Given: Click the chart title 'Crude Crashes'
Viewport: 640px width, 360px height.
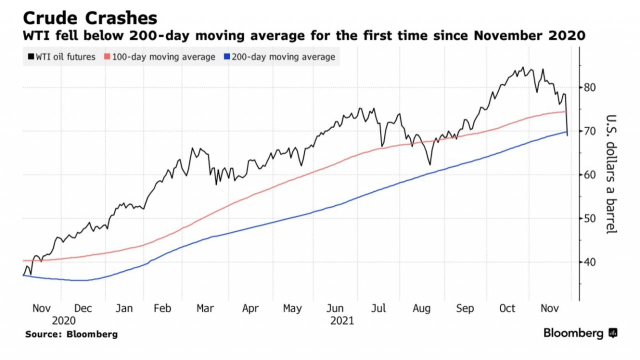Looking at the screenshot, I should tap(90, 18).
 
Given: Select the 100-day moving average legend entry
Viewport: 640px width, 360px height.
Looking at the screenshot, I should tap(160, 57).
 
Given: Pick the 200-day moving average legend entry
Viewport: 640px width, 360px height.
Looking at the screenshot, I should tap(280, 57).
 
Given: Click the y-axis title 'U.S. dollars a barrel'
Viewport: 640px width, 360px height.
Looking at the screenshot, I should tap(611, 174).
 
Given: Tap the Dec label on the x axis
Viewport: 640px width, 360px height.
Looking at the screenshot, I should tap(82, 308).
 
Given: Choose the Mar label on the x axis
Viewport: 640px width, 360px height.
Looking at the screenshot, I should tap(205, 308).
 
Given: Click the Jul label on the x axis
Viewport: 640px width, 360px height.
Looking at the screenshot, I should tap(378, 308).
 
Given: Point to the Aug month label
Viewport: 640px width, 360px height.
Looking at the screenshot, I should tap(421, 308).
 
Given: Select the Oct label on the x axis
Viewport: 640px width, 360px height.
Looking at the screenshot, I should tap(507, 308).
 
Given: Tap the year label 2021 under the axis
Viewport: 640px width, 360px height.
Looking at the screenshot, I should tap(342, 320).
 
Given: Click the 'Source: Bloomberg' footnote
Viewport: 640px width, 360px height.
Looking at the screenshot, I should tap(71, 334).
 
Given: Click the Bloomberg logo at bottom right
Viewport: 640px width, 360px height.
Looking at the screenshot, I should tap(580, 333).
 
